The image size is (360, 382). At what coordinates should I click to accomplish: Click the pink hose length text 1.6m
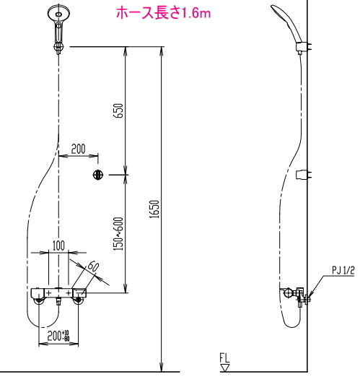pyautogui.click(x=196, y=14)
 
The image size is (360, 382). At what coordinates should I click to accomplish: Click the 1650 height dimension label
pyautogui.click(x=154, y=209)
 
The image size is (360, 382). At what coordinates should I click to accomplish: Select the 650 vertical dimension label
pyautogui.click(x=118, y=111)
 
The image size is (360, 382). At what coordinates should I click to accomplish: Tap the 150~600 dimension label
pyautogui.click(x=118, y=234)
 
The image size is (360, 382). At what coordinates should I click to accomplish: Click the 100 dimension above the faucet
pyautogui.click(x=58, y=246)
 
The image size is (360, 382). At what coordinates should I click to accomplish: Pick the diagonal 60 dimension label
pyautogui.click(x=93, y=266)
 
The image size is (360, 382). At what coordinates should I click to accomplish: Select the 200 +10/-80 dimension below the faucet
pyautogui.click(x=58, y=336)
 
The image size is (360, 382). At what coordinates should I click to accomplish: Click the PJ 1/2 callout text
pyautogui.click(x=343, y=270)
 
